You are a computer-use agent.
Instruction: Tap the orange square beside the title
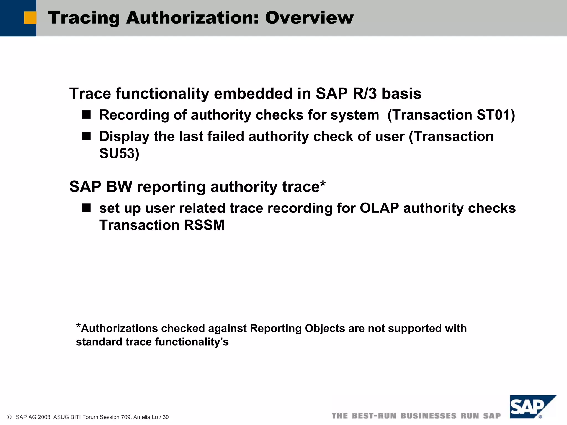click(30, 18)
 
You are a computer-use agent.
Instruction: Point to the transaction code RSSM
click(204, 225)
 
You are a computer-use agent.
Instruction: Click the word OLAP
click(379, 208)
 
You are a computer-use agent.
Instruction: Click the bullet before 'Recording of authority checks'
click(86, 115)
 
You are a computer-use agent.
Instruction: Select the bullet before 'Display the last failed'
click(86, 136)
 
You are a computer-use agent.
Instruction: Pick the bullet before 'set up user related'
click(86, 208)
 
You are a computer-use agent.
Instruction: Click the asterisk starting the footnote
click(78, 326)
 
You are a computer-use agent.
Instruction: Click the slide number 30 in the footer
click(166, 417)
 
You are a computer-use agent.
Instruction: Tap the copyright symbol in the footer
click(9, 417)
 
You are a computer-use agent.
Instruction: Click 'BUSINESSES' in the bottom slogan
click(428, 416)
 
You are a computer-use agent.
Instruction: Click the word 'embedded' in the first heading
click(253, 94)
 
